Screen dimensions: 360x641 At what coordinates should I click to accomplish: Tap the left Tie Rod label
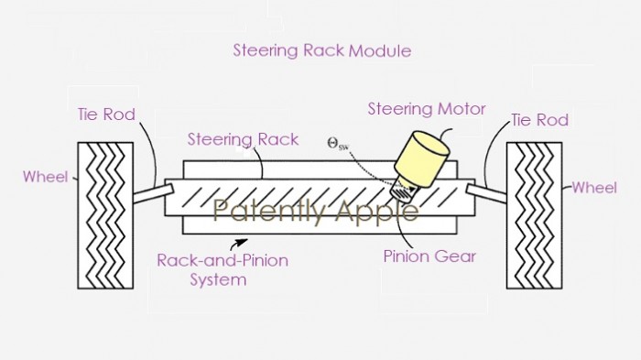[x=106, y=115]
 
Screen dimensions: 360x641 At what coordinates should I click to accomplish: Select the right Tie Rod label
[x=539, y=120]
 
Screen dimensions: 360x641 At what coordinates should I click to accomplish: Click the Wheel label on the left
[x=45, y=176]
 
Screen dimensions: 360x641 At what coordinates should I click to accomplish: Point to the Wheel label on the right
[x=594, y=188]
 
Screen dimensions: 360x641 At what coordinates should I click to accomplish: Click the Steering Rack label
[x=243, y=139]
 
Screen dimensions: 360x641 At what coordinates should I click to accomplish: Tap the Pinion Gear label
[x=429, y=256]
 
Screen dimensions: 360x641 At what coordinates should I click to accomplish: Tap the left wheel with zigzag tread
[x=106, y=215]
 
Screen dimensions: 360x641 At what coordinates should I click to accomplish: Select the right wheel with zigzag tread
[x=534, y=216]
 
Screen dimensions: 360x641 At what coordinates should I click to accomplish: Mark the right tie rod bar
[x=486, y=191]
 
